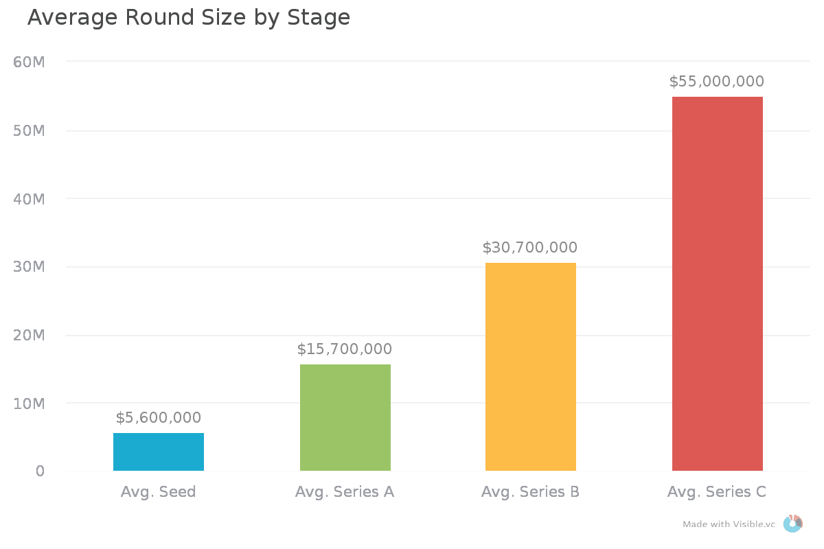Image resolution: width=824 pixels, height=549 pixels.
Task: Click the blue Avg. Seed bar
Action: click(x=159, y=452)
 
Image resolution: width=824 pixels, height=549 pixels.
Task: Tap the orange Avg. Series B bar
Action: click(x=531, y=366)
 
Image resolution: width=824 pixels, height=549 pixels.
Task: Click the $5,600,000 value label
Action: click(x=159, y=418)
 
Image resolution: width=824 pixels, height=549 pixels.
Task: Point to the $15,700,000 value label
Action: click(x=345, y=349)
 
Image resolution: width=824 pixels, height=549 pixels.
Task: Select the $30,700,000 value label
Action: click(x=530, y=248)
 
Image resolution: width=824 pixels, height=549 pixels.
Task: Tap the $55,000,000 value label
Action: click(x=717, y=82)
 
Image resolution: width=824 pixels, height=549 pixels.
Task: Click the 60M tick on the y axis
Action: click(x=30, y=62)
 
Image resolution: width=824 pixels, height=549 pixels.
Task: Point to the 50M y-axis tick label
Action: click(x=30, y=131)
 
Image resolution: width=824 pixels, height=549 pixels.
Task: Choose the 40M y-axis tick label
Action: click(x=30, y=199)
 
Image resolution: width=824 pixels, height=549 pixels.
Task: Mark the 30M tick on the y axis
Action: click(x=30, y=267)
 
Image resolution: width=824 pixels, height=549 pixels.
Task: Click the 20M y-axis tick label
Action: click(x=30, y=336)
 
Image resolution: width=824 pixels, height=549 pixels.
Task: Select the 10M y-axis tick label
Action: click(x=30, y=404)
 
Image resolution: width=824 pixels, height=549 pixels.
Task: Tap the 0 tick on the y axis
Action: click(x=40, y=471)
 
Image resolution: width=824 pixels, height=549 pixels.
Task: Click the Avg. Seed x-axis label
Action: click(x=159, y=492)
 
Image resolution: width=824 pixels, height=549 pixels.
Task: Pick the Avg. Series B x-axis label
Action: click(x=530, y=492)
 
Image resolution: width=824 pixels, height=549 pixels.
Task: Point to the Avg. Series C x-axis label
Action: click(x=717, y=492)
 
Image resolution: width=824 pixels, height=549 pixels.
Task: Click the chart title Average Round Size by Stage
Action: click(x=189, y=18)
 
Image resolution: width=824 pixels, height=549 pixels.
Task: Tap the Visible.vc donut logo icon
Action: click(x=792, y=524)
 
